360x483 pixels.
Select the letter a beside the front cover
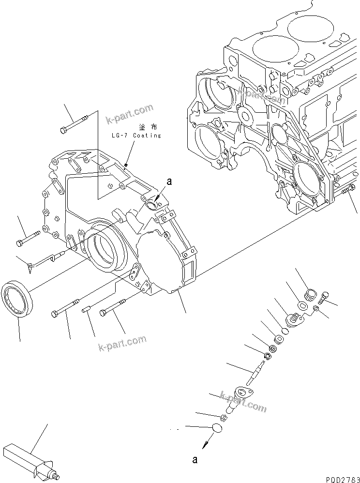[x=169, y=181]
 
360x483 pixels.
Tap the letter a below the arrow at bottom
[x=195, y=460]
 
